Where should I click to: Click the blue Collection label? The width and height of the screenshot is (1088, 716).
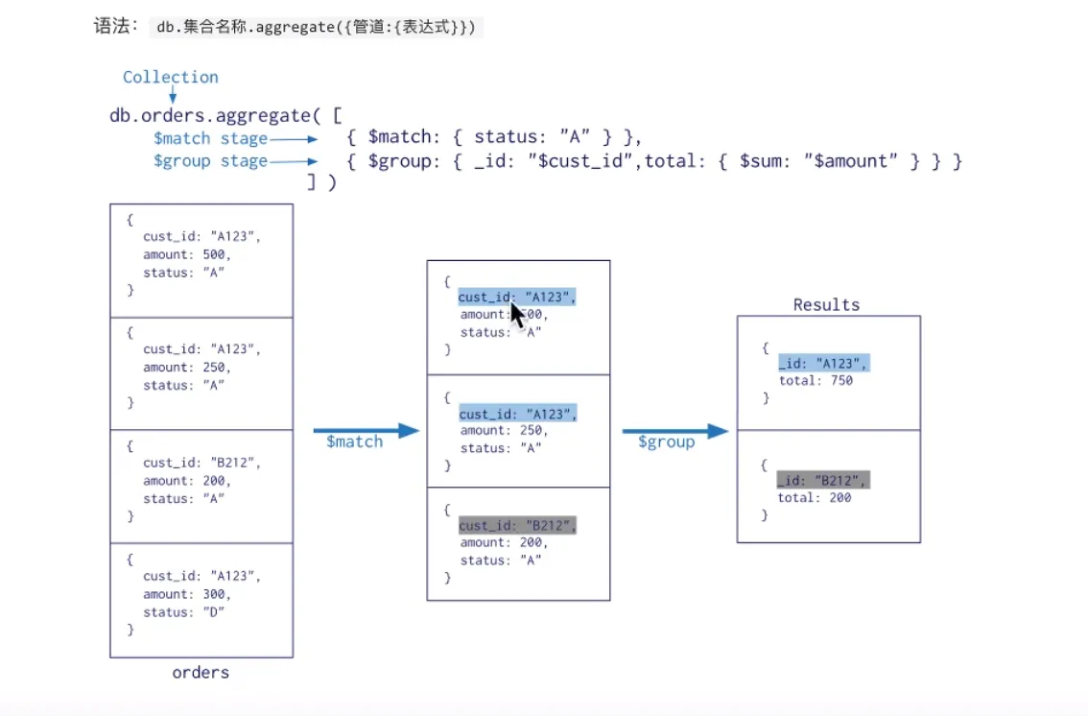tap(170, 77)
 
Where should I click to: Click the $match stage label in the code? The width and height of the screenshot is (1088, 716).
tap(210, 138)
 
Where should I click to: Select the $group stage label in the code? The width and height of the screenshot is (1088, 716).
tap(210, 160)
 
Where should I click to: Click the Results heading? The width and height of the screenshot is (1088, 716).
tap(826, 304)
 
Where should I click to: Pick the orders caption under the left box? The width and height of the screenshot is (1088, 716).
tap(201, 672)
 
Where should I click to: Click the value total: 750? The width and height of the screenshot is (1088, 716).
tap(815, 380)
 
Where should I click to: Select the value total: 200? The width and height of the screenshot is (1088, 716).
tap(815, 497)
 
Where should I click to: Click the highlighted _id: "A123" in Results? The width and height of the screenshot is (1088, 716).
tap(823, 363)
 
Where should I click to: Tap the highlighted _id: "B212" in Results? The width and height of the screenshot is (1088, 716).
tap(823, 480)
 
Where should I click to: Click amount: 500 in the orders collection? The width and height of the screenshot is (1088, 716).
tap(187, 254)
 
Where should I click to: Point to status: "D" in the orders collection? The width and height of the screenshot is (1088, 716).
tap(183, 611)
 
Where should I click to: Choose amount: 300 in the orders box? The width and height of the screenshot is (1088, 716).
tap(187, 594)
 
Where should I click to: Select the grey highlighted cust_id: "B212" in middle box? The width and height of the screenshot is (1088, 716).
tap(518, 526)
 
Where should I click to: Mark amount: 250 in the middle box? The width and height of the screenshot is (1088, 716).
tap(504, 431)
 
